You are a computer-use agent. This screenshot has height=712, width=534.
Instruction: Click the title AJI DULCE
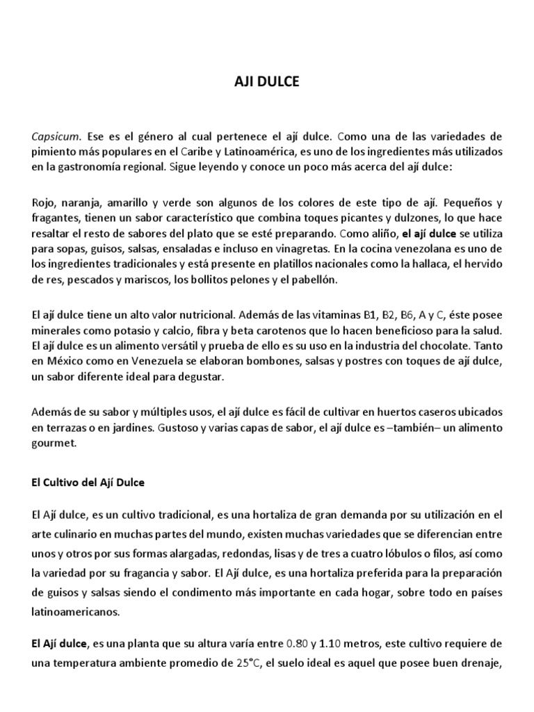tap(266, 82)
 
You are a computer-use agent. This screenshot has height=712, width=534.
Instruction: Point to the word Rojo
tap(44, 202)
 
